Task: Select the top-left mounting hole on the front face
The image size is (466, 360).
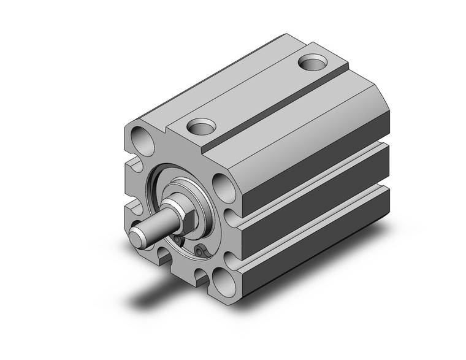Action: click(140, 139)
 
